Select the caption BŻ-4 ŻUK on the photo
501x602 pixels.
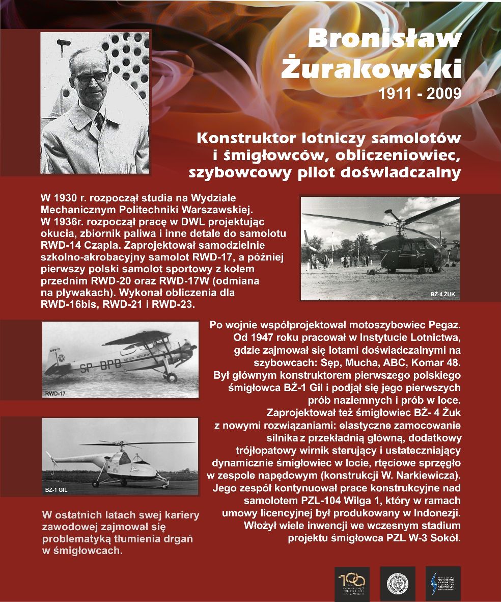(442, 294)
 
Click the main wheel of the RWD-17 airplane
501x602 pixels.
(171, 377)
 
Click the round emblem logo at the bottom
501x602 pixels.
(397, 584)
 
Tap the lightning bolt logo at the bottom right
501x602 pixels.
(435, 584)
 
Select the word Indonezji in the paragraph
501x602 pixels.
(435, 513)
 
